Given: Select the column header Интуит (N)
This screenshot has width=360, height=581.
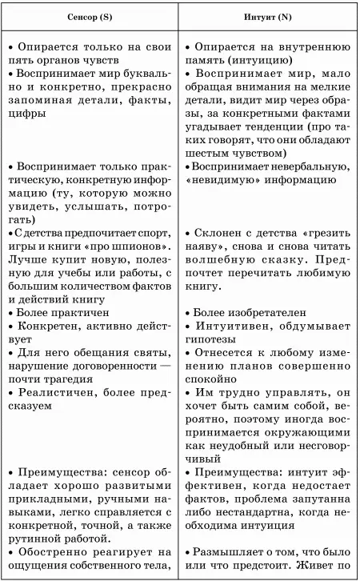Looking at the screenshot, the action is point(270,17).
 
